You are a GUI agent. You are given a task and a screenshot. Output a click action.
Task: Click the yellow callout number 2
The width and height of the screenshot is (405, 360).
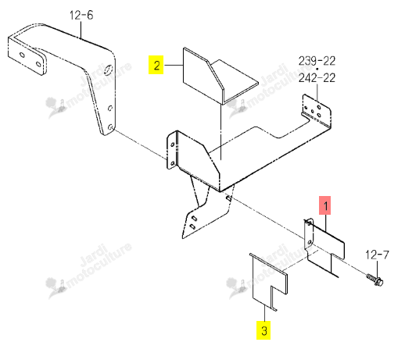click(156, 65)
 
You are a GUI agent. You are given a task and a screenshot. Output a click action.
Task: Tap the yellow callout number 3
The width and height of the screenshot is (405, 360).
click(263, 330)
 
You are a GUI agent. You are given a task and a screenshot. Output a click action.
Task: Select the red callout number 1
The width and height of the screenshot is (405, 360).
click(325, 205)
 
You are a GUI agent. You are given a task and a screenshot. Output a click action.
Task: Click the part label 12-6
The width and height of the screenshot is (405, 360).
click(81, 16)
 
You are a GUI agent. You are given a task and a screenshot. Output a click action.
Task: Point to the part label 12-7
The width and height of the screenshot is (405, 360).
click(377, 255)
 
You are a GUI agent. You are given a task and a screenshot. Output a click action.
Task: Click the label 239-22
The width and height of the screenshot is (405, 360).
click(317, 61)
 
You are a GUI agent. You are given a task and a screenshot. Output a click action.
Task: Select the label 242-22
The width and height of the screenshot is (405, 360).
click(317, 78)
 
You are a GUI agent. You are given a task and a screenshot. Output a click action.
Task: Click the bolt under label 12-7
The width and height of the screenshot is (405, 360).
click(375, 280)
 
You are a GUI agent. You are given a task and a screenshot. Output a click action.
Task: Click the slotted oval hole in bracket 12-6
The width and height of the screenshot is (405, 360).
click(108, 70)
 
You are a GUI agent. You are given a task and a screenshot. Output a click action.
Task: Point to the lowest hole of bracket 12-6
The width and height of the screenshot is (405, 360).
click(110, 127)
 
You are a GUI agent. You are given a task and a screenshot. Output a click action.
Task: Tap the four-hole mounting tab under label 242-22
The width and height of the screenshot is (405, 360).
click(317, 111)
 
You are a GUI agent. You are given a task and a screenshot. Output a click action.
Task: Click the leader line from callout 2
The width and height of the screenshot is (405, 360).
click(174, 65)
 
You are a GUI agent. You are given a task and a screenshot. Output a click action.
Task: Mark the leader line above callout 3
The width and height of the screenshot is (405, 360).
click(264, 313)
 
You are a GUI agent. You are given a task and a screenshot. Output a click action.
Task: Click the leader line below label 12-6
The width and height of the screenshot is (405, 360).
click(81, 30)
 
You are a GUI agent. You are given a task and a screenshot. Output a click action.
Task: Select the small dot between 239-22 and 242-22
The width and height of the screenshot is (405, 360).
click(317, 70)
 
